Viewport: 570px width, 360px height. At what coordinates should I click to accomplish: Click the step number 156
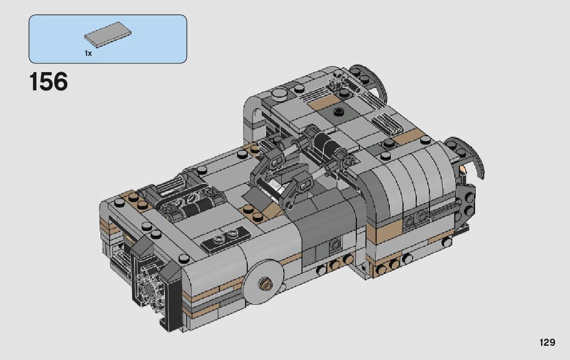coord(48,81)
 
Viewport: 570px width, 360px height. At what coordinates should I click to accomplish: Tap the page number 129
coord(547,342)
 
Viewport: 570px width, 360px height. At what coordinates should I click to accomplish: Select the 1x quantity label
coord(88,53)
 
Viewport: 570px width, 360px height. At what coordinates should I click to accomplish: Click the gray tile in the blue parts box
coord(108,35)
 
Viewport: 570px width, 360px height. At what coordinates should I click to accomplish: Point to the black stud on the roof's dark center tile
coord(339,111)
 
